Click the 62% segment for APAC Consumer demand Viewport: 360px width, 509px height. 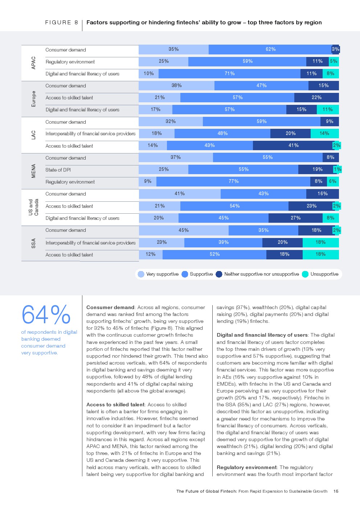tap(270, 49)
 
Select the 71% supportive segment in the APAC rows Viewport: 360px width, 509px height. tap(229, 74)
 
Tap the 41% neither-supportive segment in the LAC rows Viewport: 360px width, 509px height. tap(293, 145)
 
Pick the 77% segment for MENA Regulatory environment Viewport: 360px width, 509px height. tap(233, 181)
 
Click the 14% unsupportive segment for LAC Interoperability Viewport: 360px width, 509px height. tap(324, 134)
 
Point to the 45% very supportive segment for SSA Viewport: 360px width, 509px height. tap(184, 230)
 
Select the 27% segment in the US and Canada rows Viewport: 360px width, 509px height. tap(295, 218)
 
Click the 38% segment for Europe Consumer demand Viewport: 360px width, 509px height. tap(176, 86)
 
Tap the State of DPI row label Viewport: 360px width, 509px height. tap(58, 170)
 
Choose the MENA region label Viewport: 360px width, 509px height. tap(34, 171)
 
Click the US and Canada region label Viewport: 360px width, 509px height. tap(33, 207)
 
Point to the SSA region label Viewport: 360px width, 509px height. tap(34, 243)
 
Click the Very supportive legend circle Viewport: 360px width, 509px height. tap(141, 274)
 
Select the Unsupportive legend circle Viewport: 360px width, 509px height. tap(305, 274)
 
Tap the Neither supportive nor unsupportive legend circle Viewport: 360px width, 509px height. tap(219, 274)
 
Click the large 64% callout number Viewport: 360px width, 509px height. tap(46, 315)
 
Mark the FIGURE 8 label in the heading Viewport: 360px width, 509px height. tap(61, 22)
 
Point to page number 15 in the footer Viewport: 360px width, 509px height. tap(336, 491)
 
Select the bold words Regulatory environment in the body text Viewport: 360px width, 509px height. tap(246, 467)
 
